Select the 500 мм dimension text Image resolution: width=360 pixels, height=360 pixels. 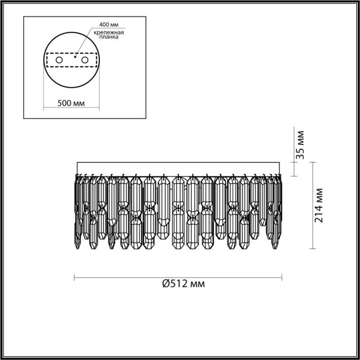71,103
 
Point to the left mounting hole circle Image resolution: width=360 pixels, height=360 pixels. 59,61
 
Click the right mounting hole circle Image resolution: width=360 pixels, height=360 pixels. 84,61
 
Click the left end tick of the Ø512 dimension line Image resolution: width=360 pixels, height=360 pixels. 75,277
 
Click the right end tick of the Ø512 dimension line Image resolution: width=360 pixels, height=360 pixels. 282,277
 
